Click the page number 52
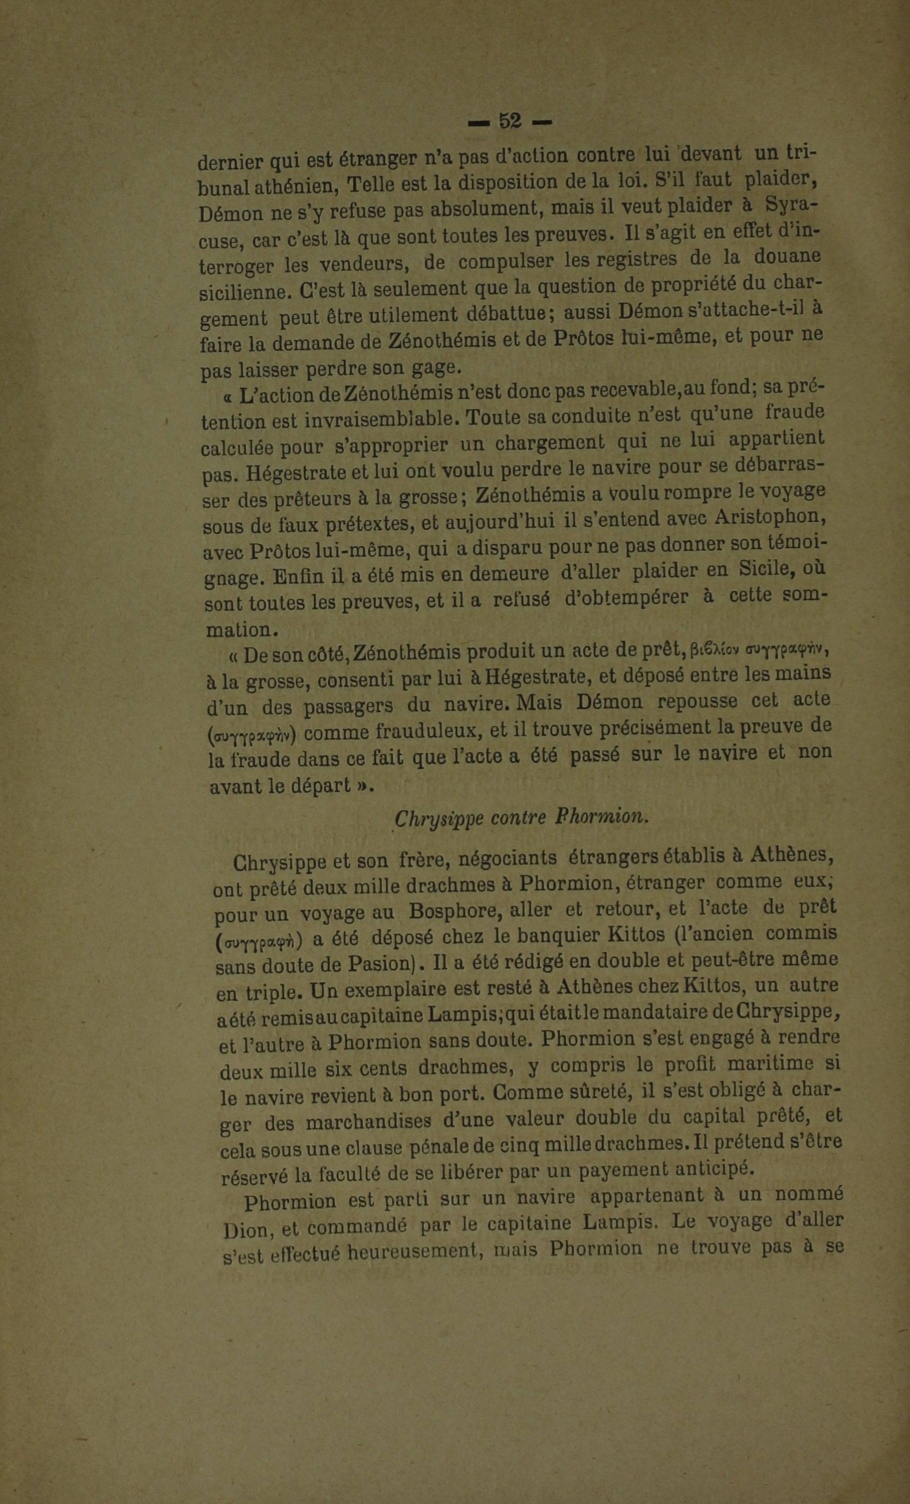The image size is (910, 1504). coord(509,122)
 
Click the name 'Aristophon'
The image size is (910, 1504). coord(770,517)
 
